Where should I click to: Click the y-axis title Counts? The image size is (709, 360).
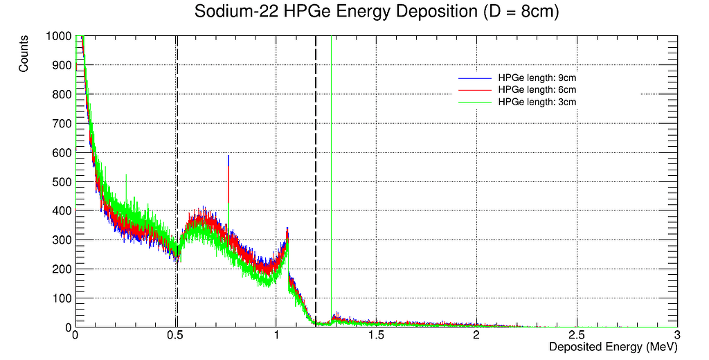click(24, 54)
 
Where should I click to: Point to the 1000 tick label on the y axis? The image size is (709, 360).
click(58, 36)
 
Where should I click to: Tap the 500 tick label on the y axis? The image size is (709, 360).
click(61, 181)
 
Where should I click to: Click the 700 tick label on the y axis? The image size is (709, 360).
click(61, 123)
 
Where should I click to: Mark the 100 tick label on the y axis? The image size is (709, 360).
click(61, 298)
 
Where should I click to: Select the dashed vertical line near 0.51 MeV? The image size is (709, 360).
click(177, 138)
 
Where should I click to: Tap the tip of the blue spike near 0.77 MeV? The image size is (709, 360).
click(228, 156)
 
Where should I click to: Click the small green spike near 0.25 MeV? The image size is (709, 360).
click(126, 176)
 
